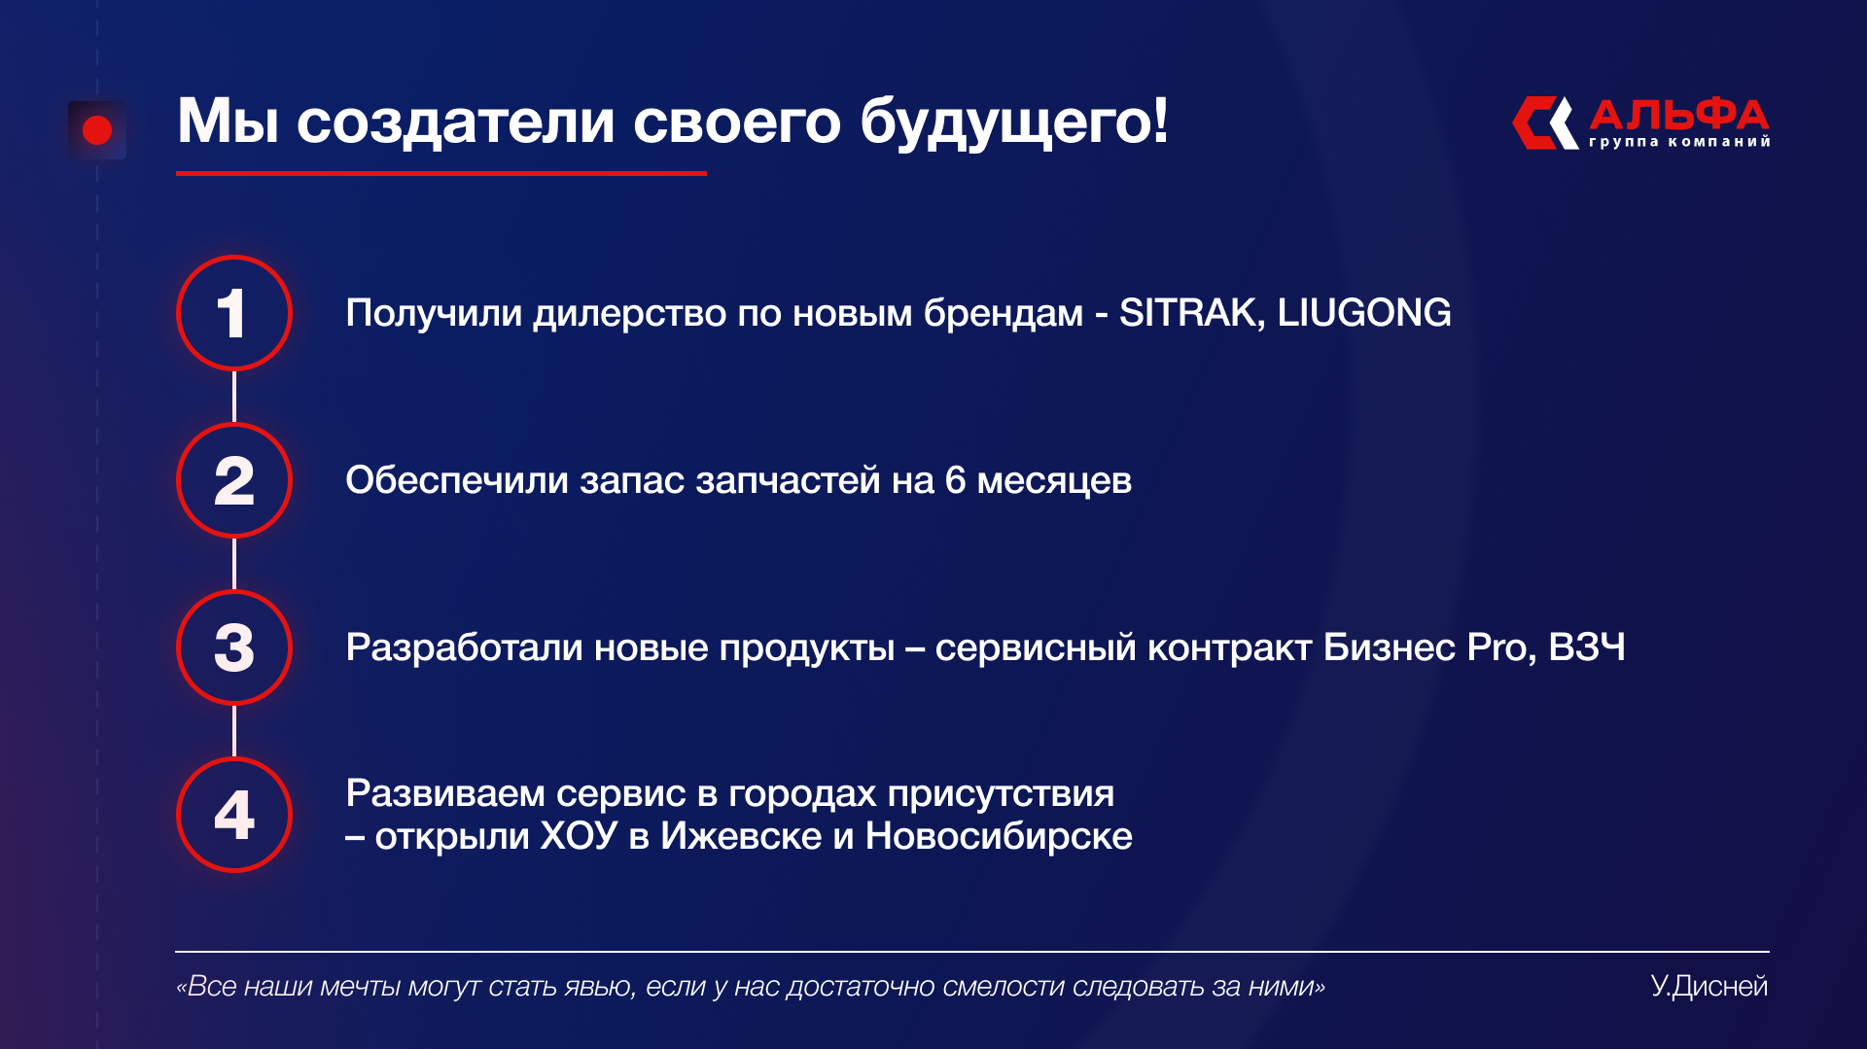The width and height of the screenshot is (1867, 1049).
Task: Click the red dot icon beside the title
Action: [x=97, y=130]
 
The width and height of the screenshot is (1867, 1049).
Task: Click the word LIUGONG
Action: [x=1364, y=313]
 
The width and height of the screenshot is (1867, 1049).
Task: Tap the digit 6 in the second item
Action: [x=955, y=480]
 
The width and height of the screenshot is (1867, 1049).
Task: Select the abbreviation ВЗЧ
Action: [x=1587, y=647]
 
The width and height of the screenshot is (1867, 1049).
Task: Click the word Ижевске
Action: [x=741, y=836]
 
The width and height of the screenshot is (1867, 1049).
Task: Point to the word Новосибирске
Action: [x=999, y=836]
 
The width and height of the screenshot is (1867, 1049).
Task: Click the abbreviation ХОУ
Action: [x=579, y=836]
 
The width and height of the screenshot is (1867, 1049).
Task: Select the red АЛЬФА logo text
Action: [x=1679, y=115]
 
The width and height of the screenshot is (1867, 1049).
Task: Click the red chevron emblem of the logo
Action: [x=1545, y=122]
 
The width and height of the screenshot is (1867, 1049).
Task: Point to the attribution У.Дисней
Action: [x=1708, y=986]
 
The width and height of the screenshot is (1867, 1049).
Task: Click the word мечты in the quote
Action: [x=360, y=987]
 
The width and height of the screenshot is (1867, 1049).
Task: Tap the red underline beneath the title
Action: [x=441, y=173]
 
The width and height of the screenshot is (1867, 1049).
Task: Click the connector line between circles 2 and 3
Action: [x=234, y=564]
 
